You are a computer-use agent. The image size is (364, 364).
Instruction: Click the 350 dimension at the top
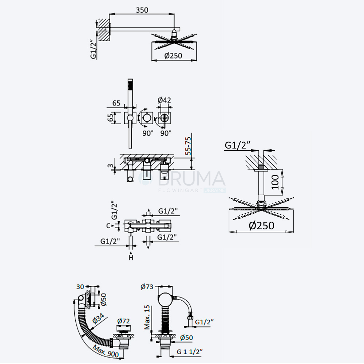(x=142, y=10)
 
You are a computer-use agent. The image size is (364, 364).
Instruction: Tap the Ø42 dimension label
(x=165, y=100)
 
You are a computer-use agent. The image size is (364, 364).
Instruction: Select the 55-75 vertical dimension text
(x=188, y=146)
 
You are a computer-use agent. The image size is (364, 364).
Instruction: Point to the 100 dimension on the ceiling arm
(x=275, y=182)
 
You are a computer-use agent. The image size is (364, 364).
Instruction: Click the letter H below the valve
(x=131, y=257)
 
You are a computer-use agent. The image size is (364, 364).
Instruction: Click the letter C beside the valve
(x=108, y=226)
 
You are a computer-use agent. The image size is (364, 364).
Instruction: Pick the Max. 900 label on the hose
(x=106, y=351)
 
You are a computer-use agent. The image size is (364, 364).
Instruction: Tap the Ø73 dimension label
(x=147, y=287)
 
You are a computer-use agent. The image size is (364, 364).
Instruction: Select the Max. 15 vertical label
(x=147, y=317)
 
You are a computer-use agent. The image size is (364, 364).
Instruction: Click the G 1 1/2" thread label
(x=189, y=352)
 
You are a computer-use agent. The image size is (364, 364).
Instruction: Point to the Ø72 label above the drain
(x=123, y=321)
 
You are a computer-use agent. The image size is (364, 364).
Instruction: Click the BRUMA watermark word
(x=192, y=179)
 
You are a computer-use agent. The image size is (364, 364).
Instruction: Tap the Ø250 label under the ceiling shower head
(x=261, y=225)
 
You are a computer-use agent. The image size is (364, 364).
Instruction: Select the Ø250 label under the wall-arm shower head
(x=173, y=56)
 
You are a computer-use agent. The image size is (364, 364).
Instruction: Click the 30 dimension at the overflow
(x=80, y=287)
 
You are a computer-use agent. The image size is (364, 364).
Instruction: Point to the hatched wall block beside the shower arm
(x=103, y=29)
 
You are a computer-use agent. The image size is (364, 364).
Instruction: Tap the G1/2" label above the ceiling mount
(x=238, y=145)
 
